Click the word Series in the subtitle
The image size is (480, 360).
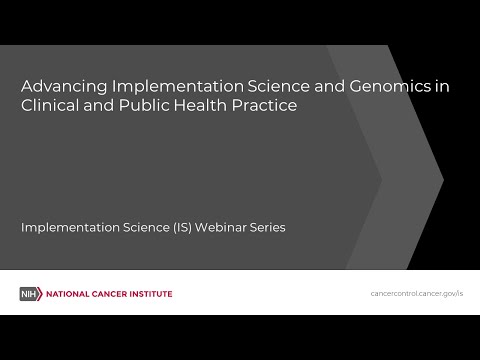267,227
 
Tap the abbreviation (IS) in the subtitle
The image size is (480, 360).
180,227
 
